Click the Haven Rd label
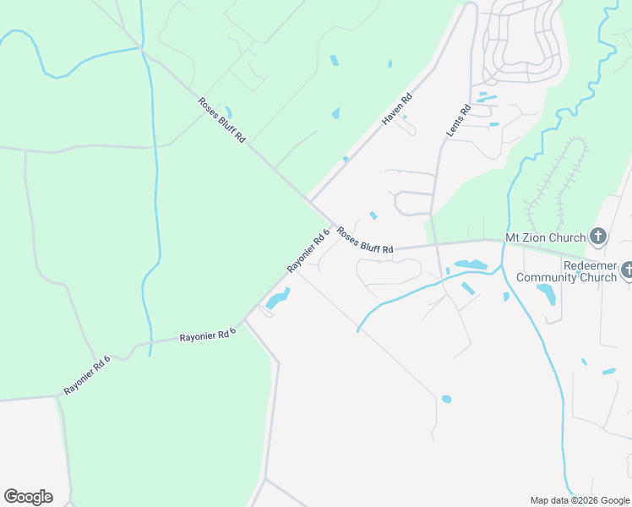tap(395, 109)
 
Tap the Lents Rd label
tap(457, 122)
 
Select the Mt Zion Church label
tap(545, 237)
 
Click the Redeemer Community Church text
tap(567, 271)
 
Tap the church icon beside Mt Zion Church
tap(598, 237)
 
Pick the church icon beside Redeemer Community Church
tap(627, 270)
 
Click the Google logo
tap(28, 497)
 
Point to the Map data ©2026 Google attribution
tap(580, 500)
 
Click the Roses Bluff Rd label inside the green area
tap(221, 120)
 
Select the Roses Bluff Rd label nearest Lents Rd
tap(365, 241)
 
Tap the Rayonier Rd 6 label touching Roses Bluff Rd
tap(307, 252)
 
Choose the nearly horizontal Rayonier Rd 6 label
tap(207, 335)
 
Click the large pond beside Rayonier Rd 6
tap(278, 299)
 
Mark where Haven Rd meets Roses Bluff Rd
tap(310, 202)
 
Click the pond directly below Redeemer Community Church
tap(547, 295)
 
